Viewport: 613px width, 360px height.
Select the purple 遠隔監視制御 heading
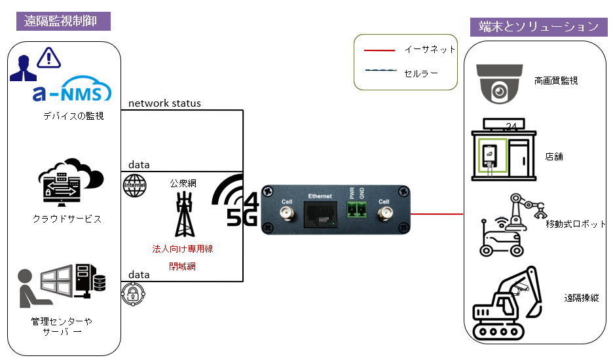(x=63, y=20)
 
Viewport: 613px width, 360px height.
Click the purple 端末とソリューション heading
(x=539, y=26)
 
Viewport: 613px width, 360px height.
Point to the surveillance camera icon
(x=500, y=83)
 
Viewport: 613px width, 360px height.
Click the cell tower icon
(x=185, y=213)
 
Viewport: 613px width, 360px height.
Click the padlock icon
(x=132, y=294)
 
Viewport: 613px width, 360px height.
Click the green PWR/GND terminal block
(x=356, y=209)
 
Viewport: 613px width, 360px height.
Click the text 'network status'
(x=164, y=103)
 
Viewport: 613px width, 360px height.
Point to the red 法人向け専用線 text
(x=183, y=249)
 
